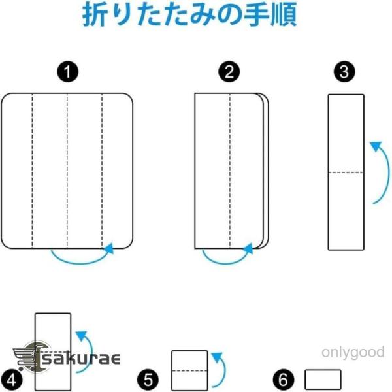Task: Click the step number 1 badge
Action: (x=68, y=72)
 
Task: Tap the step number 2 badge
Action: (x=229, y=72)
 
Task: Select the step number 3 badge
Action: (x=344, y=72)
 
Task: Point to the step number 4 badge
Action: (x=11, y=381)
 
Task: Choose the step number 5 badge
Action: (x=148, y=380)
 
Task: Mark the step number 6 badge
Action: (x=284, y=380)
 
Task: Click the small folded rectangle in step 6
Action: (x=323, y=380)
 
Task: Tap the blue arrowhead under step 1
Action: (x=108, y=248)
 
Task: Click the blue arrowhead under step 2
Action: (x=248, y=248)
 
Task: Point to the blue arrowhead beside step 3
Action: (x=376, y=147)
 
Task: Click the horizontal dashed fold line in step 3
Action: (x=346, y=172)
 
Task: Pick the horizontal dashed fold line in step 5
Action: (x=189, y=370)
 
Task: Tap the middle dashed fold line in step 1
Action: (x=67, y=171)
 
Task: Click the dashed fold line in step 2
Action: (x=230, y=171)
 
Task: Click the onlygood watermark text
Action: (x=353, y=353)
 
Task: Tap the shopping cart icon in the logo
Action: (x=25, y=358)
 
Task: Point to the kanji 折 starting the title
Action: (x=95, y=14)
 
